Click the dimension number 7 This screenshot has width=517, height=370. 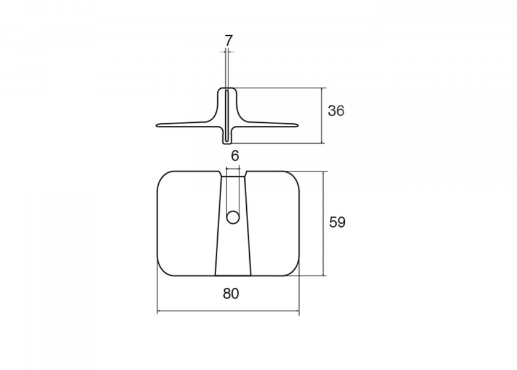tap(229, 41)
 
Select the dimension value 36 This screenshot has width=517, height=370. tap(336, 110)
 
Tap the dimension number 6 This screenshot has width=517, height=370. tap(234, 155)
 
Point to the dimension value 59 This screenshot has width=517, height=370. tap(337, 223)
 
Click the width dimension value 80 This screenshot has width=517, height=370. tap(231, 294)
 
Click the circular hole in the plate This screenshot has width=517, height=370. tap(233, 217)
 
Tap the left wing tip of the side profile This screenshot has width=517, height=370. tap(158, 125)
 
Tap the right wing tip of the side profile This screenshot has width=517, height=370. tap(297, 125)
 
